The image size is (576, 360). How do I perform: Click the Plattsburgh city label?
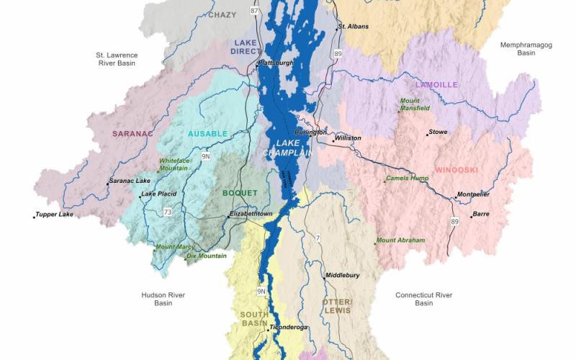coord(276,63)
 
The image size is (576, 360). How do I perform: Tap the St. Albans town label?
coord(354,27)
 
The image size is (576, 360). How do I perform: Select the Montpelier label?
coord(474,194)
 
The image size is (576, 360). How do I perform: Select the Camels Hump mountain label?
coord(408,178)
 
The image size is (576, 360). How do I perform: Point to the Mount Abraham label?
coord(401,240)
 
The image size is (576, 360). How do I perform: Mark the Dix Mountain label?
coord(207,256)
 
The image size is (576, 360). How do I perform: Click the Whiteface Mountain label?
coord(174,164)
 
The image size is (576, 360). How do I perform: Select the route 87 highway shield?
coord(253,11)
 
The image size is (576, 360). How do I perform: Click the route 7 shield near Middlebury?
coord(318,238)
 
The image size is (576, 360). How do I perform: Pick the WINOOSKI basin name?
coord(456,170)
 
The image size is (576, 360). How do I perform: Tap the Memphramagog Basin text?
coord(528,49)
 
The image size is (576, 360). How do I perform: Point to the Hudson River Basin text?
coord(164,299)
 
